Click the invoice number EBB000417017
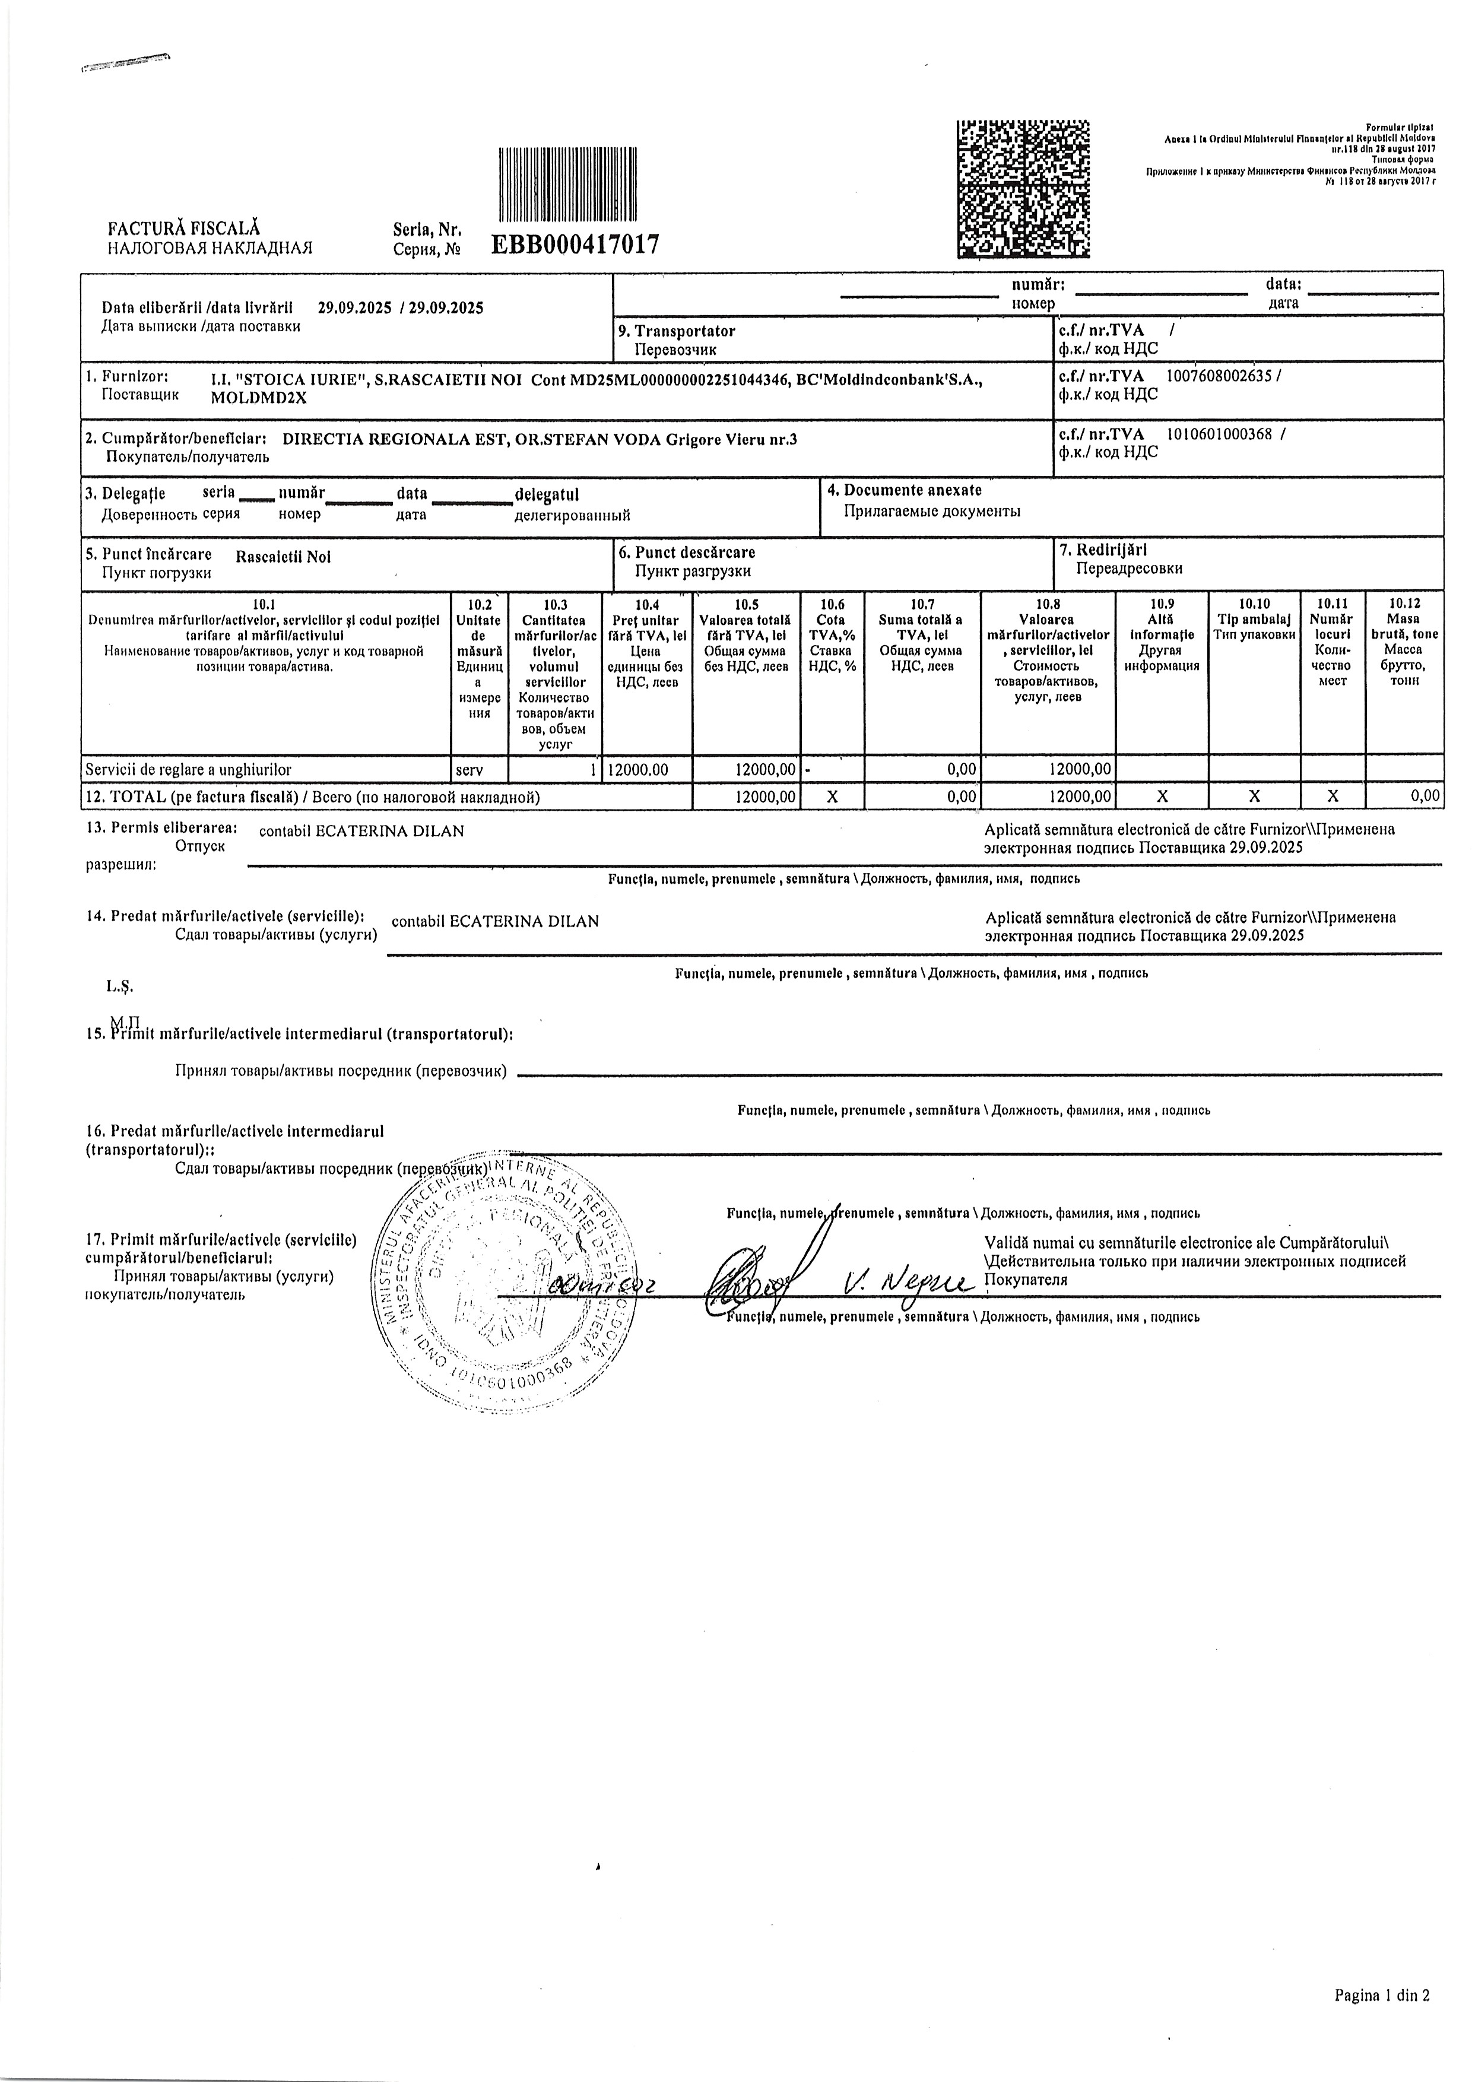(575, 244)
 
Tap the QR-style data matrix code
(1023, 189)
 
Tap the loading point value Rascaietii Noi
(283, 557)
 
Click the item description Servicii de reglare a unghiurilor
(189, 769)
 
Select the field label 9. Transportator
(685, 331)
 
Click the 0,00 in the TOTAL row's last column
(1426, 796)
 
